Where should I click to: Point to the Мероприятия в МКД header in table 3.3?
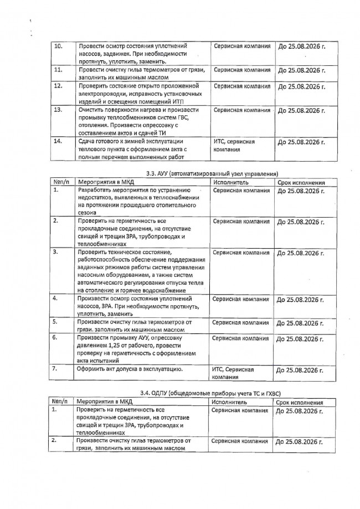(107, 182)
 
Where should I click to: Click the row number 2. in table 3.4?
(55, 441)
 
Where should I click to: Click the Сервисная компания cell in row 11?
(242, 70)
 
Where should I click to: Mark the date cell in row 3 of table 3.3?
(300, 254)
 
